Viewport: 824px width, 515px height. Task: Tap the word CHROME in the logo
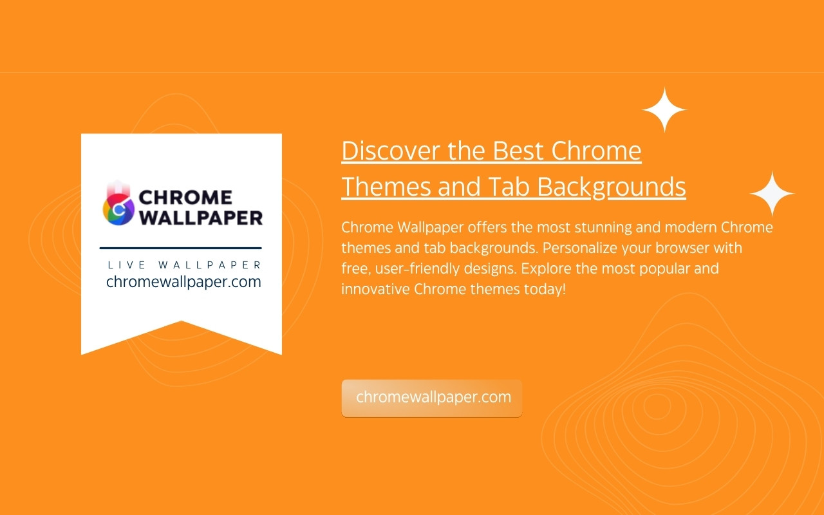point(185,198)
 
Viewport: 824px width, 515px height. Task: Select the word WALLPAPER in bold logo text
point(201,218)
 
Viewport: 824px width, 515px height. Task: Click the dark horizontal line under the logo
point(181,248)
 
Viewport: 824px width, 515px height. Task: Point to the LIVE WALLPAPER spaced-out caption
point(184,265)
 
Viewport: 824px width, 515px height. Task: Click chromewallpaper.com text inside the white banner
point(183,282)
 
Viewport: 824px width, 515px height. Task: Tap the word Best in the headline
point(518,151)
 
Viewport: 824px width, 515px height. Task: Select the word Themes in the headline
point(386,187)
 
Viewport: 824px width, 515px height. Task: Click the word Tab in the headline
point(509,187)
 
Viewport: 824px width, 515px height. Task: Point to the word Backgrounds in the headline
point(612,187)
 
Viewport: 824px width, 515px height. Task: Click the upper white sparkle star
point(664,109)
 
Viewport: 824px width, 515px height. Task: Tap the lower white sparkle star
point(772,194)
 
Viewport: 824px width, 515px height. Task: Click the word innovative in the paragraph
point(375,289)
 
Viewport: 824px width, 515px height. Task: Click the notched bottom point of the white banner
point(181,321)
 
